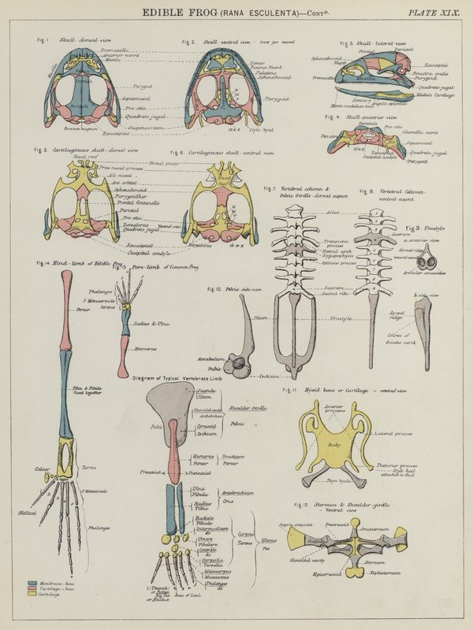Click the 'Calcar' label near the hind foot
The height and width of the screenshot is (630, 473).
42,470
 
